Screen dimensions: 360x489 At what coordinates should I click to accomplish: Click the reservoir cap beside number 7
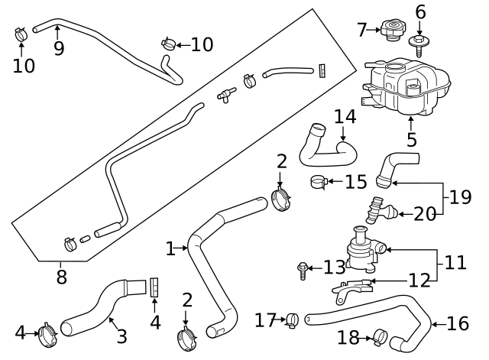pyautogui.click(x=394, y=31)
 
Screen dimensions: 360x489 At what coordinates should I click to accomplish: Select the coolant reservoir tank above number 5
pyautogui.click(x=404, y=86)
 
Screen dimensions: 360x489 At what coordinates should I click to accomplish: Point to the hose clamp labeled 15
pyautogui.click(x=319, y=182)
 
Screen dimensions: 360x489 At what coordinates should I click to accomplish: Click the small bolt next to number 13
pyautogui.click(x=304, y=268)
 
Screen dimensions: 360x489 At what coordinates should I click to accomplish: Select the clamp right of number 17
pyautogui.click(x=291, y=319)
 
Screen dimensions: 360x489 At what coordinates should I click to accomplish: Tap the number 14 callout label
pyautogui.click(x=345, y=117)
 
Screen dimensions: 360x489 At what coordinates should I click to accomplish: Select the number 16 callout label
pyautogui.click(x=458, y=324)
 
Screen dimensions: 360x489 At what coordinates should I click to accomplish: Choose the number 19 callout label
pyautogui.click(x=460, y=198)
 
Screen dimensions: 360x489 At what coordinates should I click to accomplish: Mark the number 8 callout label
pyautogui.click(x=61, y=277)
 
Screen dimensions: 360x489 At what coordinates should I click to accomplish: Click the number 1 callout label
pyautogui.click(x=171, y=248)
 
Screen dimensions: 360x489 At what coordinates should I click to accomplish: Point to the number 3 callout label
pyautogui.click(x=121, y=336)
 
